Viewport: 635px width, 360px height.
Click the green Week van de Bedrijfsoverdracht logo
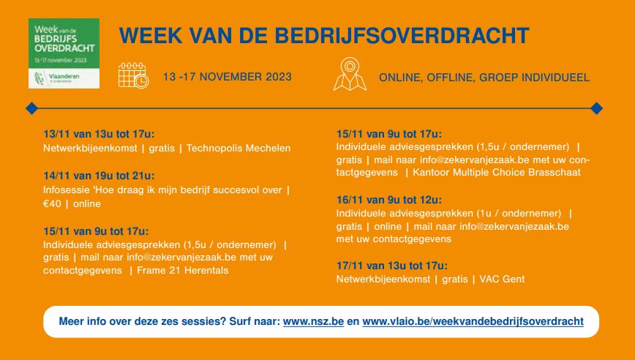coord(64,53)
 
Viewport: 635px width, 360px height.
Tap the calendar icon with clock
coord(134,75)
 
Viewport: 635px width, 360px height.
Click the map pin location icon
coord(350,74)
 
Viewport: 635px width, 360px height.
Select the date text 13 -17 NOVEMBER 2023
coord(228,77)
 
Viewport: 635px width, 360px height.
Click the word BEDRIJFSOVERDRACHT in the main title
coord(402,36)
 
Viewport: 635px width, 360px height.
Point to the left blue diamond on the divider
coord(31,108)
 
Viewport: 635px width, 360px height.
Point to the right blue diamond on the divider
coord(596,108)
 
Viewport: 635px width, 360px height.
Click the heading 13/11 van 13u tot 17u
coord(99,134)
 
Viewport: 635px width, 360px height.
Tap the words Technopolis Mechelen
coord(238,149)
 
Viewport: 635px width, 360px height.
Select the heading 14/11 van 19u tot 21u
coord(99,176)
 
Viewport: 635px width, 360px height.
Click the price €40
coord(52,203)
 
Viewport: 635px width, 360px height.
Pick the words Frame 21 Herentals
coord(183,271)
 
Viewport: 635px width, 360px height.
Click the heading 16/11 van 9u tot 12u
coord(389,200)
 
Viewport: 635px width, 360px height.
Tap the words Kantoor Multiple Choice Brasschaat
coord(497,173)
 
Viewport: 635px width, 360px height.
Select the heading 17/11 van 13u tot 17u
coord(392,266)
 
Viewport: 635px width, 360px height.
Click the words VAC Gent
coord(502,280)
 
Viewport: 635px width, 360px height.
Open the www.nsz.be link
coord(313,321)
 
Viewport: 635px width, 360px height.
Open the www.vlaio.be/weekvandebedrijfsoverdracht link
coord(473,321)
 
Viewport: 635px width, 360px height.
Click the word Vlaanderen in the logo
coord(64,77)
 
